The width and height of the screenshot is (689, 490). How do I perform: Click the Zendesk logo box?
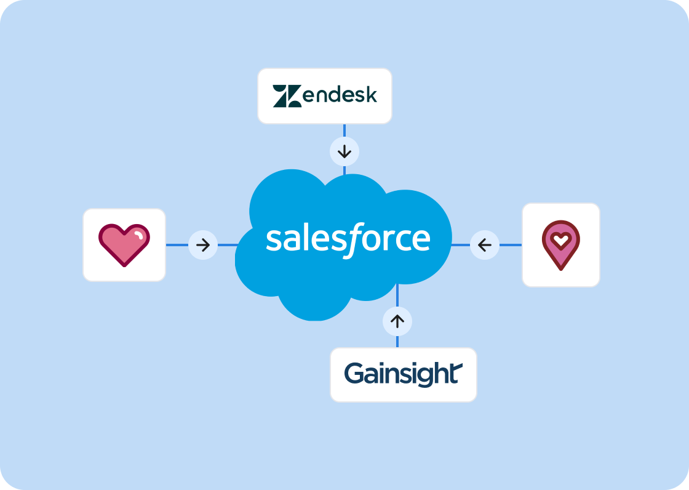pos(324,96)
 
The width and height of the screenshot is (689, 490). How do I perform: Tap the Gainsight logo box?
pos(403,374)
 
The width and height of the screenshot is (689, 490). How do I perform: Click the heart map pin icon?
pos(560,245)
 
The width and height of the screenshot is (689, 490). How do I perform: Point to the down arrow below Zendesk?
pos(344,151)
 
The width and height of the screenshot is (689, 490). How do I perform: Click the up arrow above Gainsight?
pos(397,321)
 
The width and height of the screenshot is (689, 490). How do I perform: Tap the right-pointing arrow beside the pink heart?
pos(203,245)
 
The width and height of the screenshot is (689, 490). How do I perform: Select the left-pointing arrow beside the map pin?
pos(485,245)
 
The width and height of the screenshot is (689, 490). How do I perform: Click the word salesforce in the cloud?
pos(348,239)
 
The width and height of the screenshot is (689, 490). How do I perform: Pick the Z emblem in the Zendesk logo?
pos(287,97)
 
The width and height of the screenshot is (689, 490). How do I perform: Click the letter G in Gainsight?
pos(355,374)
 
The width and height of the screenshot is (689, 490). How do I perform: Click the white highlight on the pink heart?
pos(140,235)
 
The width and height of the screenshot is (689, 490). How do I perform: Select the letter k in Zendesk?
pos(370,96)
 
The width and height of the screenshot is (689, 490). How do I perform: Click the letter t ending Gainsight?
pos(456,374)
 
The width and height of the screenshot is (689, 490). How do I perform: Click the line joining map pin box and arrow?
pos(511,245)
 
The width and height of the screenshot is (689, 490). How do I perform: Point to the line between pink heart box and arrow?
pos(177,245)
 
